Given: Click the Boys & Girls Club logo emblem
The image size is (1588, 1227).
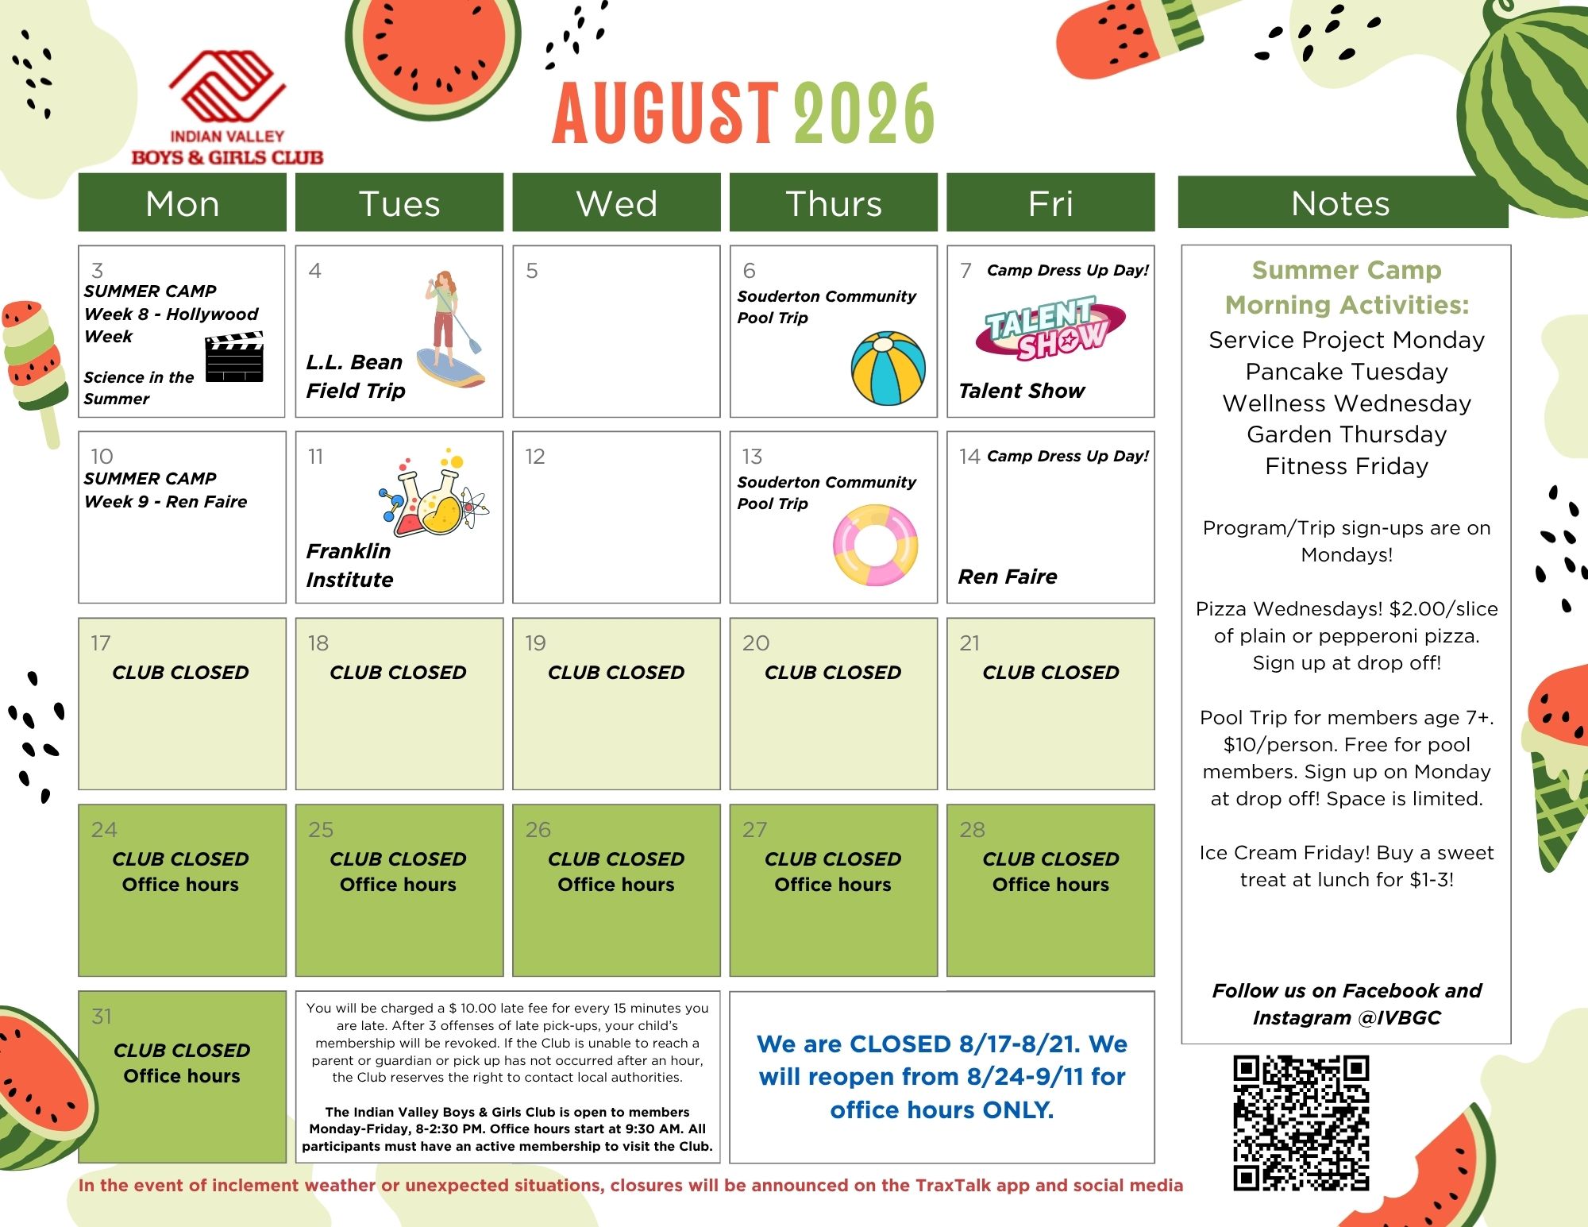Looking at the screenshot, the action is (x=226, y=87).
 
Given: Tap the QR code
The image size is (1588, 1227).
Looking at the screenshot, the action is (x=1301, y=1123).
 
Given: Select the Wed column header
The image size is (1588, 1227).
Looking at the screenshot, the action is (x=616, y=203).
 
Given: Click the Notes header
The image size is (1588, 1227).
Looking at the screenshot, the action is (x=1342, y=203).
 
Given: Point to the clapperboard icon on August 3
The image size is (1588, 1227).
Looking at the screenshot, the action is (x=234, y=357).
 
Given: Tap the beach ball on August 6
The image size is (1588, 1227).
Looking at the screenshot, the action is (x=888, y=368).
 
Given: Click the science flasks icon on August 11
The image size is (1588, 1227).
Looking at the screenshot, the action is (x=434, y=493).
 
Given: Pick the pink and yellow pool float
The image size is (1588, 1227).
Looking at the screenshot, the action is (x=875, y=546).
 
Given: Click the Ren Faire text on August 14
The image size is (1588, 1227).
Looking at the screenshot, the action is (x=1008, y=577).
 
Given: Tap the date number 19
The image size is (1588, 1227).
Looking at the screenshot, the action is (x=535, y=642).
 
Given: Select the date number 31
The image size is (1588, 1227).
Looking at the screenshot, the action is (x=102, y=1016).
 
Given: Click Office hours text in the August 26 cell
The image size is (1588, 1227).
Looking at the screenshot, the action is (x=616, y=884).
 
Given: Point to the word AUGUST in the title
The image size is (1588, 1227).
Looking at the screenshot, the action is (x=665, y=113).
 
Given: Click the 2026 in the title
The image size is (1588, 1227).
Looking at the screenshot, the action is (x=864, y=113).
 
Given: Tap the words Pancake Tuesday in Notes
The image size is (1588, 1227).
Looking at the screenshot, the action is (x=1347, y=372).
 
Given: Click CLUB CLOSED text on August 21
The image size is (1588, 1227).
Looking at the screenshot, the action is (x=1050, y=673).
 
